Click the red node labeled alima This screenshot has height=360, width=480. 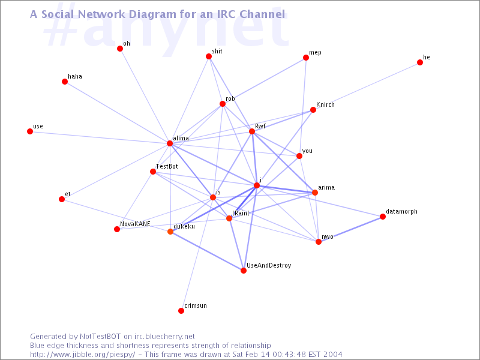(x=170, y=143)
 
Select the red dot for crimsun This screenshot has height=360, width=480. (x=181, y=311)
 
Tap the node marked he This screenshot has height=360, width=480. (x=419, y=62)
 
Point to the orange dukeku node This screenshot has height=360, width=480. (x=170, y=232)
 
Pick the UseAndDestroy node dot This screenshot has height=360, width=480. (x=244, y=271)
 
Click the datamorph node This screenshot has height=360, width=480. (x=382, y=217)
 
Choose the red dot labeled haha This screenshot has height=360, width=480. (x=65, y=82)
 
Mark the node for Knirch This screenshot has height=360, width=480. (x=313, y=110)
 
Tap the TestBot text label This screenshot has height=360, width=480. (x=167, y=166)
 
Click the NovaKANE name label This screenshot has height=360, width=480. (x=135, y=224)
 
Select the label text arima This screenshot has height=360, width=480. (x=326, y=187)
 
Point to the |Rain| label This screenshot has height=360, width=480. (x=241, y=213)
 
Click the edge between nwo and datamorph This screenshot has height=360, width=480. (x=350, y=229)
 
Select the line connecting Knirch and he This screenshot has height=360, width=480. (x=366, y=86)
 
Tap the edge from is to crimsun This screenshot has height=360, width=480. (x=197, y=254)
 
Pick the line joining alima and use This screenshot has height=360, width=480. (x=100, y=137)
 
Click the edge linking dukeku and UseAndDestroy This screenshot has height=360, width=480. (x=206, y=251)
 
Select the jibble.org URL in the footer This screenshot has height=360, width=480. (x=82, y=355)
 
